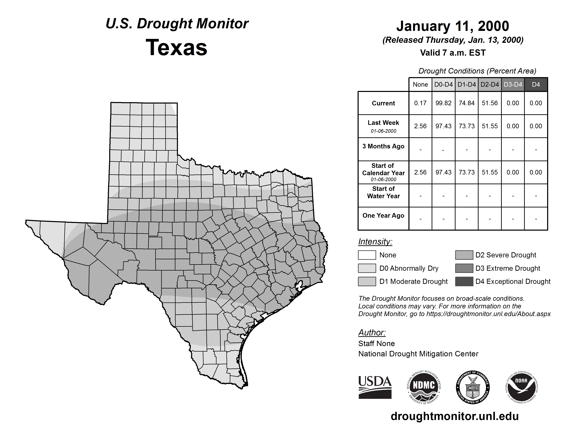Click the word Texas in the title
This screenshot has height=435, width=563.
coord(176,48)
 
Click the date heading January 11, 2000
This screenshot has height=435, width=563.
coord(453,26)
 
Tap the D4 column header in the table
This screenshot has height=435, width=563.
coord(536,84)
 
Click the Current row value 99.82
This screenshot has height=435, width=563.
coord(443,103)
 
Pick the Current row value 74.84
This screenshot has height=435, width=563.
coord(467,103)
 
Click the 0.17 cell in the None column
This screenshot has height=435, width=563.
coord(420,103)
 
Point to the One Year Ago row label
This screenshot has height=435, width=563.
coord(383,215)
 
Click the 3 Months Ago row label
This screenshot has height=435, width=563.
coord(383,146)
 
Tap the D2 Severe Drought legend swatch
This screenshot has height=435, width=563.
coord(464,255)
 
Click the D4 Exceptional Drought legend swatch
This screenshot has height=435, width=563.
coord(464,281)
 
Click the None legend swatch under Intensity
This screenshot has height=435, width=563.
coord(367,255)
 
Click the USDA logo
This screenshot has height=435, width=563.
coord(375,387)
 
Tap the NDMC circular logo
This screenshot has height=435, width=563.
coord(424,387)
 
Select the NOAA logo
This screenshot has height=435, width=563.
coord(521,387)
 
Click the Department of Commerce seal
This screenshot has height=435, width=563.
coord(473,387)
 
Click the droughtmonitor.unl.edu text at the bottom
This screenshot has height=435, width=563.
coord(454,416)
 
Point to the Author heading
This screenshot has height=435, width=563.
coord(372,332)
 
